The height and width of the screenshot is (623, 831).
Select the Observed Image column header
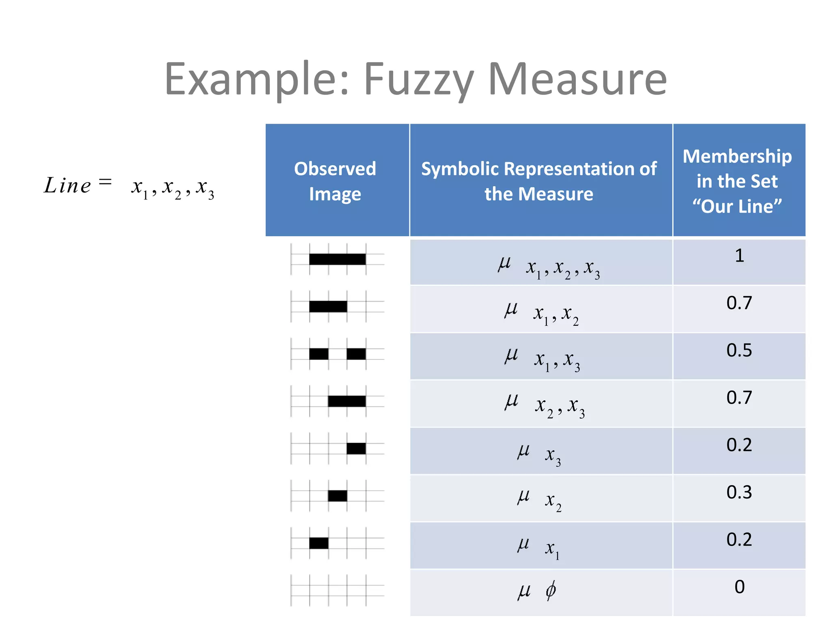tap(335, 181)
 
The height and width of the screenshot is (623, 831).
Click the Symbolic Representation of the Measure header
tap(539, 181)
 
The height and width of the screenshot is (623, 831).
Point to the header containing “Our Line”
tap(737, 181)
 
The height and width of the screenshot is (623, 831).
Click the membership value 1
tap(739, 256)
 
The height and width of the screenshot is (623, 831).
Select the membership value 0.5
tap(739, 350)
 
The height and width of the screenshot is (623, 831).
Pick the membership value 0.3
tap(739, 492)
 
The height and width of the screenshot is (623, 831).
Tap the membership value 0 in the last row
tap(739, 587)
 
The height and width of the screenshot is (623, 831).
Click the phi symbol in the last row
tap(551, 590)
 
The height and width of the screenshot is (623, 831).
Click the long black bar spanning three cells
tap(337, 259)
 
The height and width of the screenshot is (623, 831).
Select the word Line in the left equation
tap(67, 186)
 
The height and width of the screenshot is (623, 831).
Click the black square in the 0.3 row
tap(338, 496)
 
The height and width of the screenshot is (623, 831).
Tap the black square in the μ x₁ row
tap(319, 543)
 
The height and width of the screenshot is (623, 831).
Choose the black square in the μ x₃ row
tap(356, 449)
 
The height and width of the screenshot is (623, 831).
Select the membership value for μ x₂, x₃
tap(739, 397)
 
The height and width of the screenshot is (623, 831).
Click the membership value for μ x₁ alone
tap(739, 539)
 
